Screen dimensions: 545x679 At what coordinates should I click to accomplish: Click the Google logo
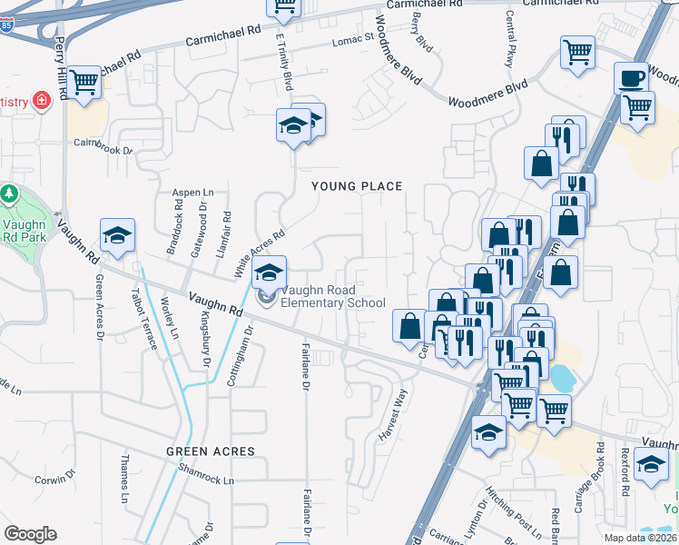click(x=30, y=534)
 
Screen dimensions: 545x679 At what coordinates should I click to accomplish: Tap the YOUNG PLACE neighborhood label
click(x=357, y=186)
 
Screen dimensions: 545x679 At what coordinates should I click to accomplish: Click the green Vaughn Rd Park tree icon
click(x=9, y=194)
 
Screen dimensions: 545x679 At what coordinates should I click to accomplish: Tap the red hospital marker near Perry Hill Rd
click(x=41, y=100)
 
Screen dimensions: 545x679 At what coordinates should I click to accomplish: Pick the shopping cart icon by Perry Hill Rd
click(x=84, y=82)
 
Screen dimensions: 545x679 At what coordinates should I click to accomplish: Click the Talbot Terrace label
click(x=143, y=317)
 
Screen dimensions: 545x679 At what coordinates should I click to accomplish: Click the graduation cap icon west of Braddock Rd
click(x=117, y=235)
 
